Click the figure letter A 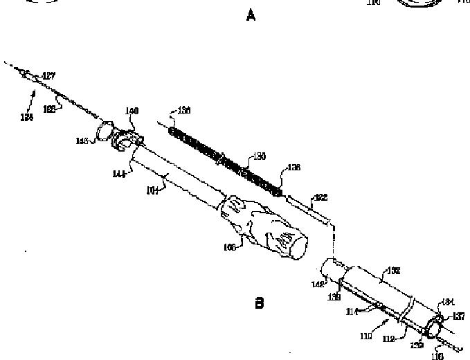(x=251, y=15)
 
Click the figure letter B (x=260, y=303)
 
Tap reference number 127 (x=49, y=75)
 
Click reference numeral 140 (x=132, y=111)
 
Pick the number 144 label (x=118, y=174)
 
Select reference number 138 (x=293, y=167)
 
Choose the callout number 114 (x=352, y=312)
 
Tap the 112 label (x=390, y=339)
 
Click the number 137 (x=458, y=317)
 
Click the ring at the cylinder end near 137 (x=436, y=327)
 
